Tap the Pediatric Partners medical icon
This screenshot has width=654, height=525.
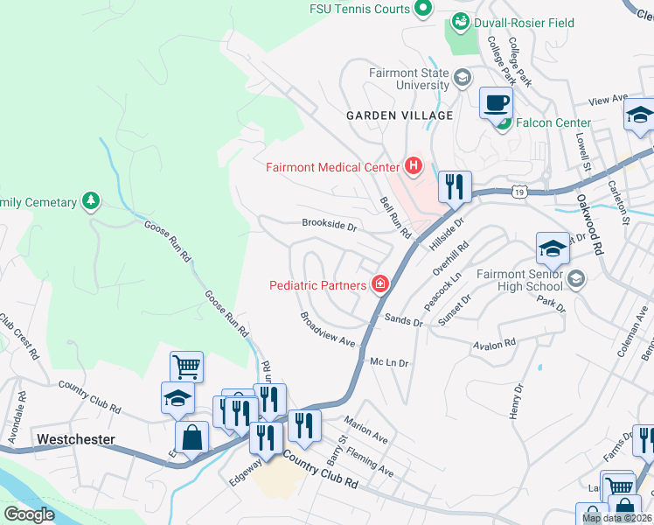pos(380,283)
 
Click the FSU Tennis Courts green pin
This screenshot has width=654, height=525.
pos(423,9)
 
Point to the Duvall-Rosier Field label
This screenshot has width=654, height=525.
pos(524,22)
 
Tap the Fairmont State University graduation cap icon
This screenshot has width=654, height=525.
pos(462,80)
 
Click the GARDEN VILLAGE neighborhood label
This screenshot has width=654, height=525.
pos(400,115)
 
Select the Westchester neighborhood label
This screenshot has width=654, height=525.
pos(75,437)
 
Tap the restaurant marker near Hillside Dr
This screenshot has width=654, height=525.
pos(455,186)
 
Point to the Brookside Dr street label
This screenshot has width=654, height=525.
pos(330,226)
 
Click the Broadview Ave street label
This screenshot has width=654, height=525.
pos(328,329)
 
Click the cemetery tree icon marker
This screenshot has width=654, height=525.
pos(90,201)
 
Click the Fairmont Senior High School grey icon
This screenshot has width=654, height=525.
pos(576,279)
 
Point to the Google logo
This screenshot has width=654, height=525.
pos(28,514)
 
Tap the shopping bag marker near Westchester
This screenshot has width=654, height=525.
pos(192,437)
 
